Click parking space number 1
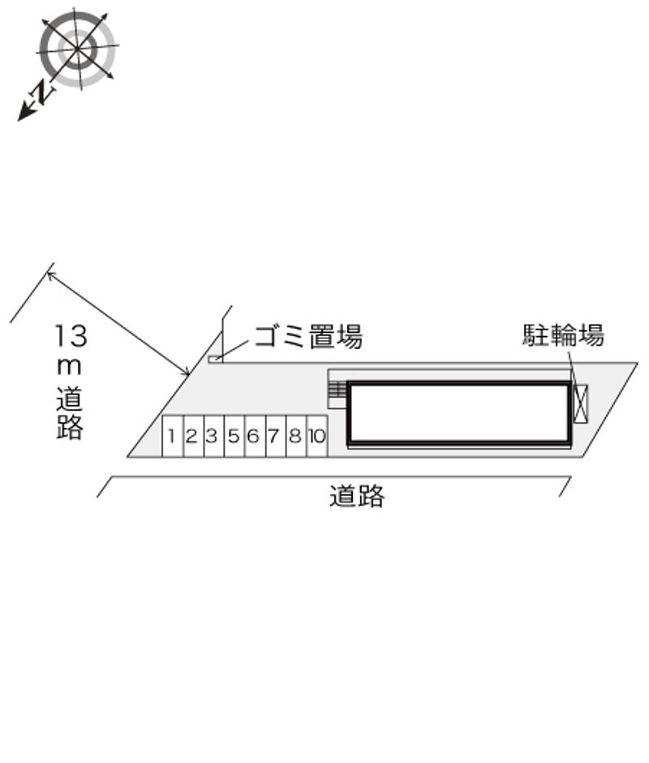(173, 436)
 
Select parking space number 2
(194, 436)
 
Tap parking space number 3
(214, 436)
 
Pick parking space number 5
(234, 436)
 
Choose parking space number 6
(256, 436)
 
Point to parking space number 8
(297, 436)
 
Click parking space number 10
(317, 436)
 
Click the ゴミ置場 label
(308, 336)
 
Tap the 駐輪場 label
(563, 335)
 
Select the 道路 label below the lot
(357, 496)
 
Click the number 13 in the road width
(71, 336)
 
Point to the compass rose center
(77, 49)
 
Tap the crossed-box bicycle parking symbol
(580, 404)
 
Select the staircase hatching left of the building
(337, 390)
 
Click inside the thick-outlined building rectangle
(459, 412)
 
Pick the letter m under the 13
(69, 368)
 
